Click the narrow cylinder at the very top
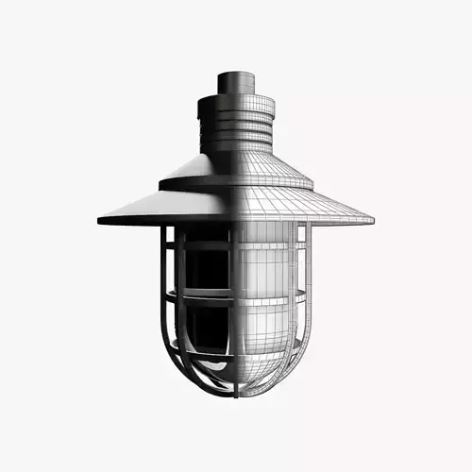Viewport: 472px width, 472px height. pos(235,82)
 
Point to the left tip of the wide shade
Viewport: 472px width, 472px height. pos(101,220)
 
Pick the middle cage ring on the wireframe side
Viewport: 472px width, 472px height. pos(274,295)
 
